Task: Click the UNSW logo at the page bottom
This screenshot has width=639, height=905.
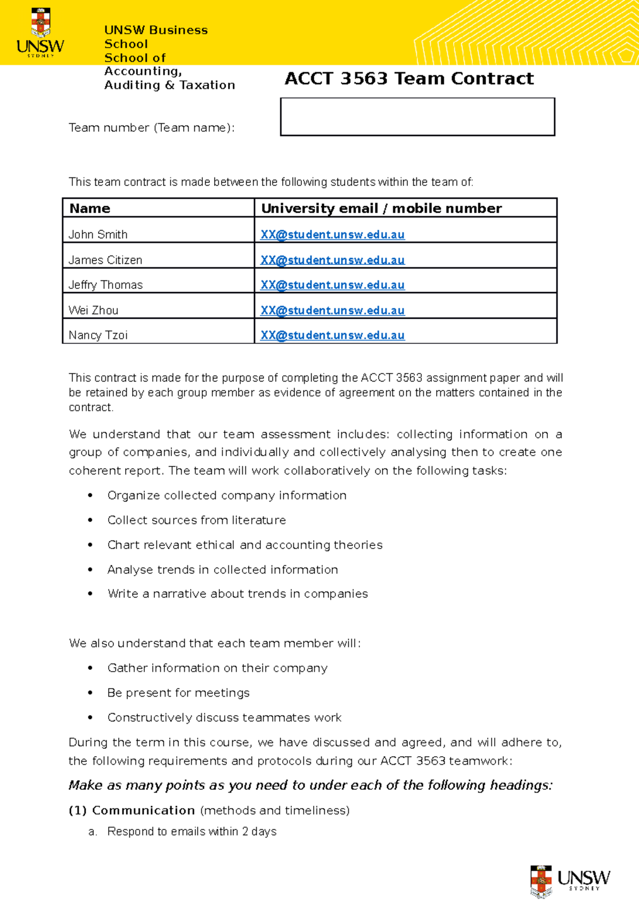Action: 570,881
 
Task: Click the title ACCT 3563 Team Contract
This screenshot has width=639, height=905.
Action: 408,79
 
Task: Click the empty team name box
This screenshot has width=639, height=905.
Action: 417,117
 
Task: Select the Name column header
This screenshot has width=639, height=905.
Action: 90,208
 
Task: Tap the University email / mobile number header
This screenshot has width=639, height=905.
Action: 381,208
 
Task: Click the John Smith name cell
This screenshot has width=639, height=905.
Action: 99,235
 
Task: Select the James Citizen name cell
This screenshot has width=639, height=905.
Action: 105,260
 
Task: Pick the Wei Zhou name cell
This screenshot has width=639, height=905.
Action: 94,310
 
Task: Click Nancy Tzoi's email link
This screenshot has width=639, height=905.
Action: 332,335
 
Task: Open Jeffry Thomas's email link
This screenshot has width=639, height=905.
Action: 332,285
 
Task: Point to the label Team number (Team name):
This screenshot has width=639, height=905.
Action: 152,128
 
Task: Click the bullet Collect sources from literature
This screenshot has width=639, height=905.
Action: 196,520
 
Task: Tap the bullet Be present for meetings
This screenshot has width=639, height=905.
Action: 178,693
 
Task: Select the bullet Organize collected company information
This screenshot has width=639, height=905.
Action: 227,496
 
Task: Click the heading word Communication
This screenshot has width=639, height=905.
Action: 143,811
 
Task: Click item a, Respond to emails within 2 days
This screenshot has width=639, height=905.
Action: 192,831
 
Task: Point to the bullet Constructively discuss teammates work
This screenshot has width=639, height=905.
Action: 224,718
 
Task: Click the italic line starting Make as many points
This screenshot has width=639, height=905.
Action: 310,786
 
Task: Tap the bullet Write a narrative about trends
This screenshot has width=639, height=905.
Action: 237,594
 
